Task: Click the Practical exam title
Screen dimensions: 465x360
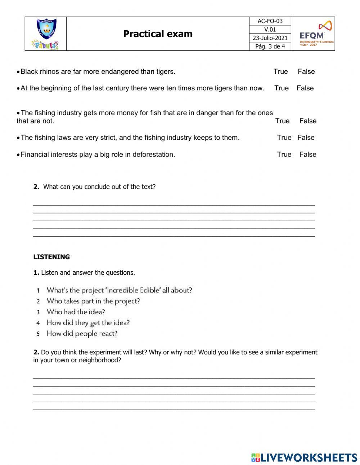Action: coord(158,34)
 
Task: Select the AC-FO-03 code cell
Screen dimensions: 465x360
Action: coord(270,21)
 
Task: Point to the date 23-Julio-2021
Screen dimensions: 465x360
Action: coord(270,38)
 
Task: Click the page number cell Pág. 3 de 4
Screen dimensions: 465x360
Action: coord(270,46)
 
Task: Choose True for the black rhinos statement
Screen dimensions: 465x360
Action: coord(280,72)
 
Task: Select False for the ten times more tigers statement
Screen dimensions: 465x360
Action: coord(305,88)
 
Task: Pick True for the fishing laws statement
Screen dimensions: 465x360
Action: coord(284,138)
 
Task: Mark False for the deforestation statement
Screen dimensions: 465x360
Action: coord(307,155)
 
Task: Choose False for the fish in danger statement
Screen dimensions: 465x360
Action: coord(307,121)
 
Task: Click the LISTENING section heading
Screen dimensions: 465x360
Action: coord(51,257)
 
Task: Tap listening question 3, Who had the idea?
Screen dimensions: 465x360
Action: coord(76,312)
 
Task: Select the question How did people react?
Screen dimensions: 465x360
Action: coord(82,334)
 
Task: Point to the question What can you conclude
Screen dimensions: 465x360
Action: coord(99,187)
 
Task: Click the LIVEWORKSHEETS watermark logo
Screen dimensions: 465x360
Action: coord(304,457)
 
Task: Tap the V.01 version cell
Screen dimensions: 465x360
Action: coord(270,30)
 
